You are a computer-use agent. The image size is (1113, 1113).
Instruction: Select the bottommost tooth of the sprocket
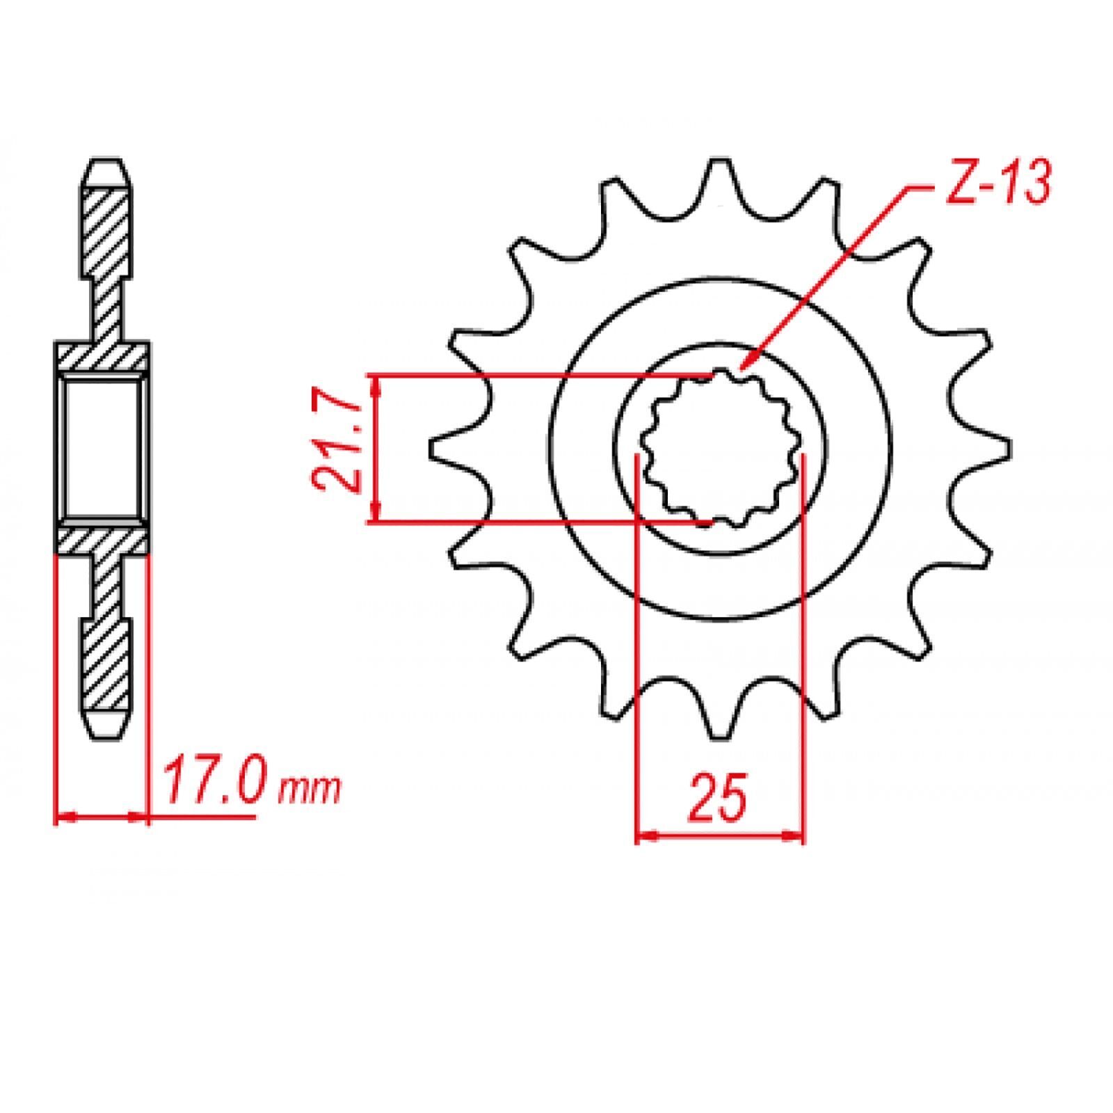[x=719, y=712]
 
